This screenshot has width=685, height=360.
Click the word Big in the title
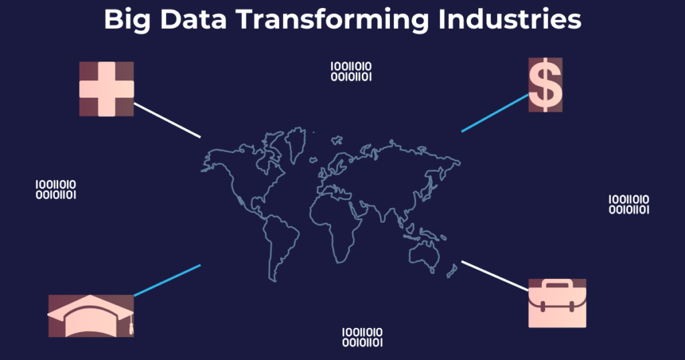tap(126, 20)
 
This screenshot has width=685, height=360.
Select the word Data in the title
tap(193, 19)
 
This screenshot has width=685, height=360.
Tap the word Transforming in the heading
tap(332, 20)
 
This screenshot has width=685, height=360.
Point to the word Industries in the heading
tap(510, 19)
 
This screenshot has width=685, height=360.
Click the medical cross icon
tap(106, 89)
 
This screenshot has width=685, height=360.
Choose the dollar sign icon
tap(545, 85)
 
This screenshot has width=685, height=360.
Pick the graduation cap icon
tap(91, 316)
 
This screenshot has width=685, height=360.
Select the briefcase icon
tap(557, 303)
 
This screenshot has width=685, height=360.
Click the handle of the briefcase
tap(557, 284)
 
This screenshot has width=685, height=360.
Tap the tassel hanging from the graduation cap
tap(130, 325)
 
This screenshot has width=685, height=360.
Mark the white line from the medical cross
tap(167, 120)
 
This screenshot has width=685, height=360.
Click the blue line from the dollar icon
tap(495, 112)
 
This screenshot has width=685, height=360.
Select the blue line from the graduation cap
tap(167, 280)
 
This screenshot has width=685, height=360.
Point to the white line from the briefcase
tap(495, 276)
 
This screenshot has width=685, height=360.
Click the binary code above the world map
tap(351, 72)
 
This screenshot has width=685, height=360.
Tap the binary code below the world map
tap(362, 337)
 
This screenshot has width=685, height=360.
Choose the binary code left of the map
tap(56, 189)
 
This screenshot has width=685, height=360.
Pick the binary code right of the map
tap(629, 205)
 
